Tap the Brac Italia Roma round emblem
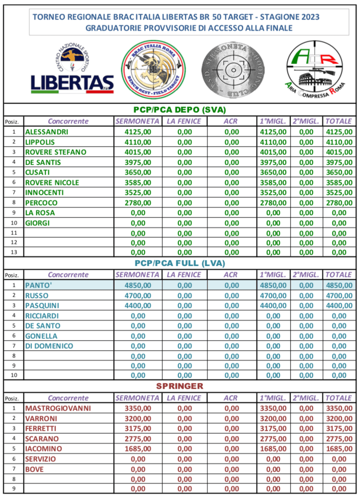point(153,68)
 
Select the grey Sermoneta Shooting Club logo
point(232,69)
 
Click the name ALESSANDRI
point(47,132)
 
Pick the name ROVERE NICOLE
point(52,183)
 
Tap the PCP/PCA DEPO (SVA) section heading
point(180,109)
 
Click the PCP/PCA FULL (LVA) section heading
point(180,264)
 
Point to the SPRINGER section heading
point(180,386)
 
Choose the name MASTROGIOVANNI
point(58,408)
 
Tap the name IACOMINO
point(43,449)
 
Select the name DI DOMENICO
point(49,346)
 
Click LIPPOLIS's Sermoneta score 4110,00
point(137,142)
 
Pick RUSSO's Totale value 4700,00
point(339,295)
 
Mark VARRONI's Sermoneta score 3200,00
point(137,418)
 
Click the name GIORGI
point(38,223)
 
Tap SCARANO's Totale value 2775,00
point(339,439)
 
